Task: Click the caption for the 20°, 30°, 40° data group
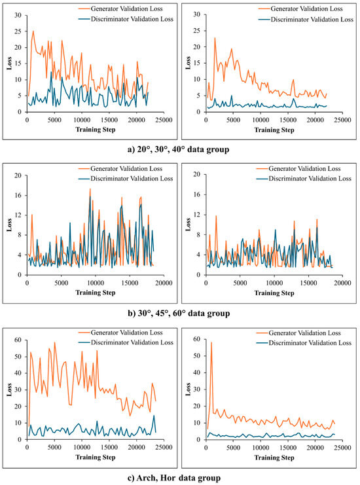(x=179, y=149)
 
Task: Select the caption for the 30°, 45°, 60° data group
(x=179, y=314)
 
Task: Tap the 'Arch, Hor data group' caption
(x=174, y=478)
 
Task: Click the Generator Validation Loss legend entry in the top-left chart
(x=120, y=9)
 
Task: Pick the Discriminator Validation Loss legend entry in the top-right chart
(x=306, y=19)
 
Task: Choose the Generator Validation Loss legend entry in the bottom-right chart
(x=298, y=332)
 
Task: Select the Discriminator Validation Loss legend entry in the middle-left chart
(x=126, y=179)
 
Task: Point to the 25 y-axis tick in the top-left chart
(x=18, y=31)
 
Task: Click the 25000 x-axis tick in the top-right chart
(x=343, y=120)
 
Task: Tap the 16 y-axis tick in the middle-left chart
(x=18, y=195)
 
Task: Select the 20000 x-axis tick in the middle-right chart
(x=343, y=283)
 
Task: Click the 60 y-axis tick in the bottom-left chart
(x=18, y=340)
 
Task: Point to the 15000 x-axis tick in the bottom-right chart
(x=288, y=448)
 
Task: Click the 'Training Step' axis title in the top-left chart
(x=96, y=130)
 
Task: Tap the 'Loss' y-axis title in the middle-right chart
(x=188, y=225)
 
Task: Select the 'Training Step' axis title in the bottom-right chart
(x=274, y=458)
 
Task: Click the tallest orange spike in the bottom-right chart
(x=211, y=342)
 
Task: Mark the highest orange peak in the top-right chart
(x=215, y=38)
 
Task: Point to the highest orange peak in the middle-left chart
(x=90, y=189)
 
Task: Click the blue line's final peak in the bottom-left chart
(x=154, y=416)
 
